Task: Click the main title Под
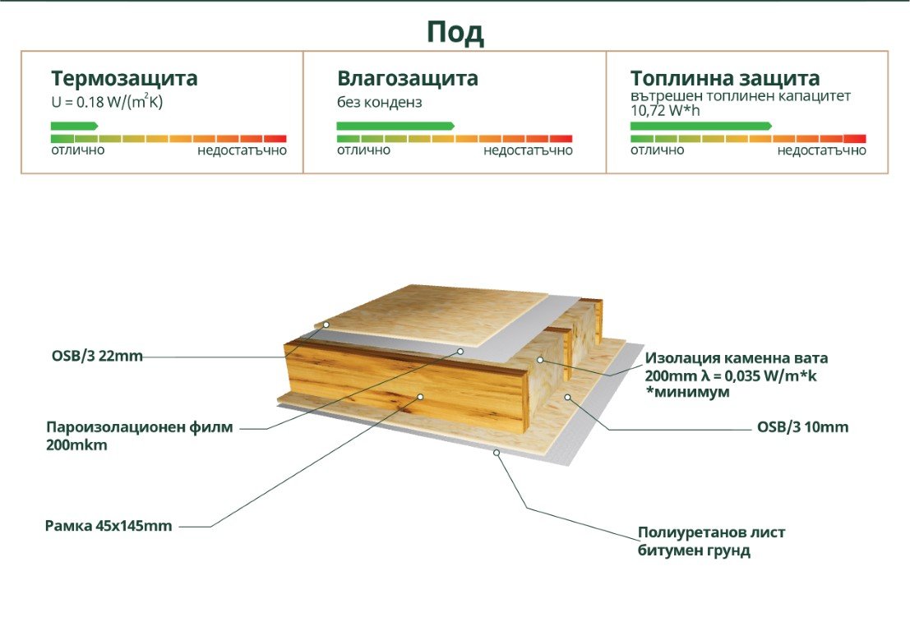(x=455, y=33)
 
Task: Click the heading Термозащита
(x=124, y=78)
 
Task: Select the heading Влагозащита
(x=408, y=78)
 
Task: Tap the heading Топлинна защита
(x=725, y=78)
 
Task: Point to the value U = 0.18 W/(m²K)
(x=107, y=102)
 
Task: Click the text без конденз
(x=380, y=103)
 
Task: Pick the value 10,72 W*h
(x=665, y=110)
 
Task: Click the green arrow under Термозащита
(x=74, y=126)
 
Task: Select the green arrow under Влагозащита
(x=395, y=126)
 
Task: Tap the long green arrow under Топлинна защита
(x=701, y=126)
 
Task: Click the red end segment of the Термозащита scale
(x=275, y=139)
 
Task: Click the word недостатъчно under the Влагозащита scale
(x=528, y=151)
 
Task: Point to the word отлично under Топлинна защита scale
(x=657, y=151)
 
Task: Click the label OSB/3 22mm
(x=97, y=356)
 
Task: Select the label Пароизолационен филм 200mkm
(x=139, y=436)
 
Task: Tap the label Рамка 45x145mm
(x=109, y=526)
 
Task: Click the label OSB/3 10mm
(x=802, y=427)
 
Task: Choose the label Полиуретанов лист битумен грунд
(x=712, y=541)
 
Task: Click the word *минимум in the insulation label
(x=688, y=393)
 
